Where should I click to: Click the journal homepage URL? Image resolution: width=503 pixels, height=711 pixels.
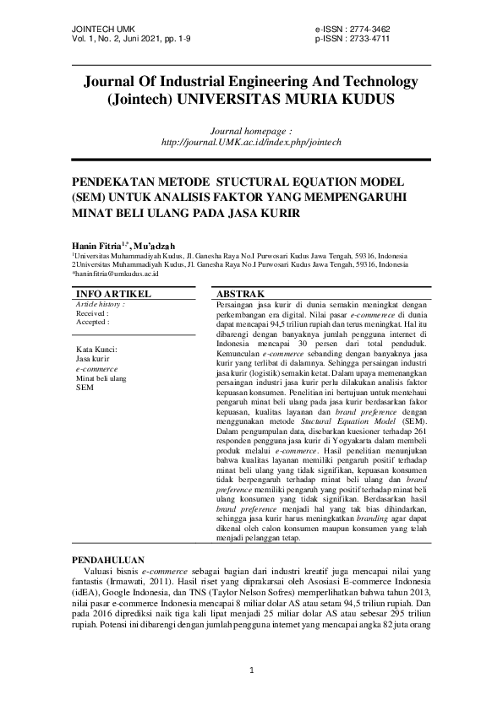tap(251, 142)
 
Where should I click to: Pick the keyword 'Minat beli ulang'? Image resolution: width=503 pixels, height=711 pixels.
tap(101, 379)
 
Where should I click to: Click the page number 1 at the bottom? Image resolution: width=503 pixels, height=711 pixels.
tap(252, 670)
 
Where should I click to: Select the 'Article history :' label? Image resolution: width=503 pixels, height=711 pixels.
tap(101, 303)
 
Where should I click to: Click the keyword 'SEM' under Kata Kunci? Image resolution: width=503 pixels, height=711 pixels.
tap(85, 388)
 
